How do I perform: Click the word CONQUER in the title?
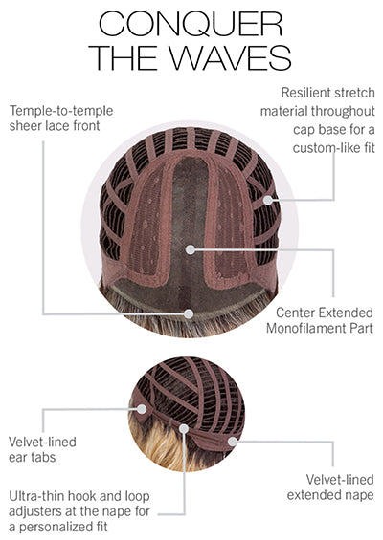click(191, 24)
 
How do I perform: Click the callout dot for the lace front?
click(189, 313)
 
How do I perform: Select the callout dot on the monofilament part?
click(191, 249)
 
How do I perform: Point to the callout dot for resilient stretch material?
click(268, 200)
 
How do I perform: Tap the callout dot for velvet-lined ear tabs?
click(142, 409)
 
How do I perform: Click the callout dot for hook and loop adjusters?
click(184, 429)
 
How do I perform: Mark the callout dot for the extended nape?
click(233, 442)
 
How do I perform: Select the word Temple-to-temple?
click(61, 111)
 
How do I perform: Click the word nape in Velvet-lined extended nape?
click(360, 496)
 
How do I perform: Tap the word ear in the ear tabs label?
click(17, 458)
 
